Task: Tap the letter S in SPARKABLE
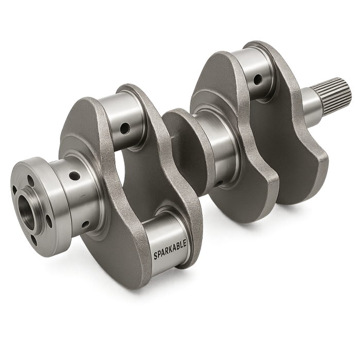pyautogui.click(x=156, y=256)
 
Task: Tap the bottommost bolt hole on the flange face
pyautogui.click(x=34, y=240)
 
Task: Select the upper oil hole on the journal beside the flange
pyautogui.click(x=75, y=176)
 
